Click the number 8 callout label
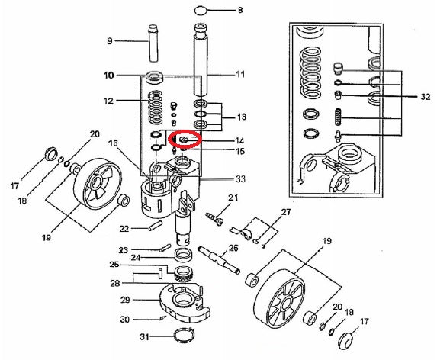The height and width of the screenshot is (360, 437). (x=240, y=11)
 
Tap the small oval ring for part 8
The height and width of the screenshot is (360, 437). (x=200, y=11)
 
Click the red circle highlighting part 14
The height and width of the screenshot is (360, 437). (x=185, y=140)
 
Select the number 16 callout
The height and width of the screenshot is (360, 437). (x=113, y=143)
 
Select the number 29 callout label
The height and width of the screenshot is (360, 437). (x=124, y=300)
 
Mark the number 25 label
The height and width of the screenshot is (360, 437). (x=115, y=265)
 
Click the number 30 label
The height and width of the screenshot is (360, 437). (x=124, y=320)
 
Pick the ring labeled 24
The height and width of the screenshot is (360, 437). (x=184, y=254)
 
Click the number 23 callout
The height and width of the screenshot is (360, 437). (x=124, y=249)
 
